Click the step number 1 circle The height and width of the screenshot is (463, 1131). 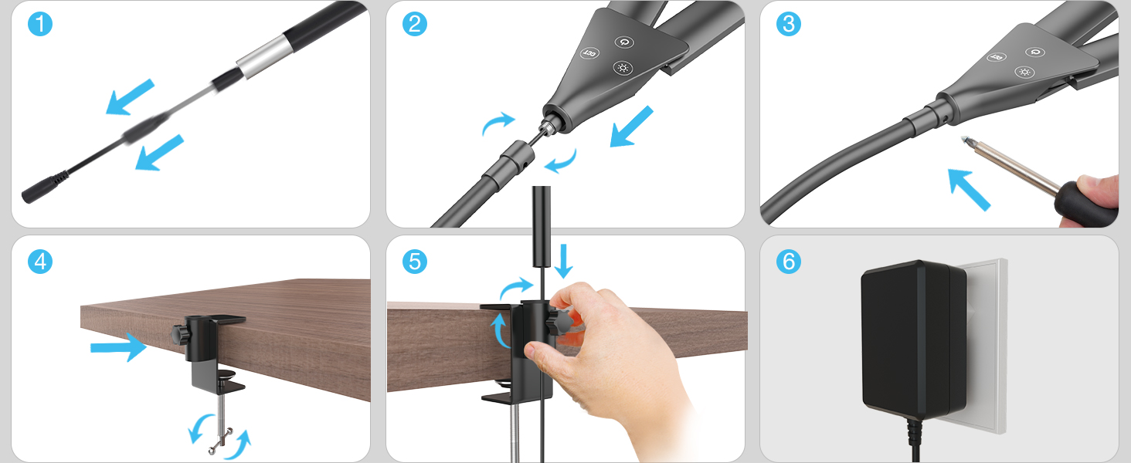click(x=40, y=24)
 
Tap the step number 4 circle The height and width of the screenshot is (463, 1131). click(x=40, y=262)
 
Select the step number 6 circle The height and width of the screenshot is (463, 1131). click(x=788, y=262)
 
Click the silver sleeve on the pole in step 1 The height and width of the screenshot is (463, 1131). click(x=265, y=56)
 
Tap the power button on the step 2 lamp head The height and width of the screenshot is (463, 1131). click(x=624, y=42)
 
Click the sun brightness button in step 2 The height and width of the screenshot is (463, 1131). click(x=623, y=68)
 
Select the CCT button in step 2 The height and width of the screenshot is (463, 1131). click(x=589, y=53)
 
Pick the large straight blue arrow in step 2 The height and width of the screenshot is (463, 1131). click(x=632, y=127)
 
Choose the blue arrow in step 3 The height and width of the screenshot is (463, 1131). click(x=969, y=189)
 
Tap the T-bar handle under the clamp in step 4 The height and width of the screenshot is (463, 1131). click(x=221, y=441)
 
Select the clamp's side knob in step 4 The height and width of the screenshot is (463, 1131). click(x=180, y=334)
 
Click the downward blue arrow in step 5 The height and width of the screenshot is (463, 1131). click(x=563, y=261)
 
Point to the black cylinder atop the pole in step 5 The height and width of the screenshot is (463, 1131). click(x=542, y=226)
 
